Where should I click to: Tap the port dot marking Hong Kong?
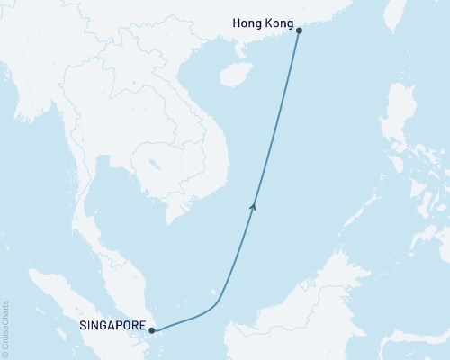300,31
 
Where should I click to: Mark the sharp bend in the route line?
219,297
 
